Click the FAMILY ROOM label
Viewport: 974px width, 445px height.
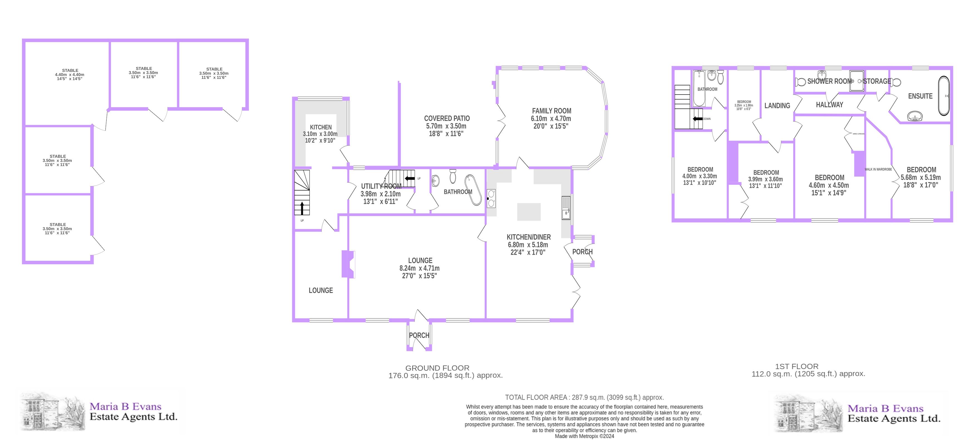(x=551, y=111)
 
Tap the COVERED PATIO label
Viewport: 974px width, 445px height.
(x=447, y=118)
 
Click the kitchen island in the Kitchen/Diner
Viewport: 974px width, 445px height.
(x=528, y=212)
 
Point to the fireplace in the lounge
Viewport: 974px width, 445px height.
(x=348, y=264)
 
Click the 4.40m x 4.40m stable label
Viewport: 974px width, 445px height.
(x=70, y=75)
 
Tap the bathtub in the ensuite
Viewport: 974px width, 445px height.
(x=944, y=96)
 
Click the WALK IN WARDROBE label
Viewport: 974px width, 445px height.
(x=878, y=169)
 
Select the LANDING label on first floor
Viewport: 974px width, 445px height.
(x=777, y=106)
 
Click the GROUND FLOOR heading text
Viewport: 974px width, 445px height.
(x=437, y=368)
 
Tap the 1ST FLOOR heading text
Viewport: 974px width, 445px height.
(x=797, y=366)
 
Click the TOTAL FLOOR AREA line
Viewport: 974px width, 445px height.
(x=584, y=397)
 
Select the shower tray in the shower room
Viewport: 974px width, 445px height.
(x=857, y=81)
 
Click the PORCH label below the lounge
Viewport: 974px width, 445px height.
(x=419, y=335)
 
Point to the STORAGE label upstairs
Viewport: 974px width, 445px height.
(x=877, y=81)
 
